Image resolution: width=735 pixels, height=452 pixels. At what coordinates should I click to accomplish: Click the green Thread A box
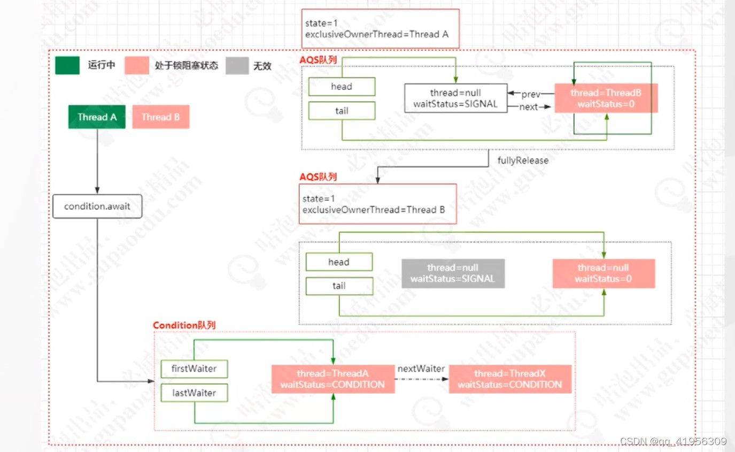97,117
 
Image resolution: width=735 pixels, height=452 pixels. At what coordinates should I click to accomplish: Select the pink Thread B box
161,117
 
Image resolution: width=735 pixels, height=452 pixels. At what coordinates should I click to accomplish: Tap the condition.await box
97,206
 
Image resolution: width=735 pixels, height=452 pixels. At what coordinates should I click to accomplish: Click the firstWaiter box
194,369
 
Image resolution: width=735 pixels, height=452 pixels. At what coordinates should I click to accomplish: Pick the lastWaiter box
194,393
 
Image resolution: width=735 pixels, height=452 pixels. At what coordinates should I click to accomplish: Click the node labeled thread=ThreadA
332,379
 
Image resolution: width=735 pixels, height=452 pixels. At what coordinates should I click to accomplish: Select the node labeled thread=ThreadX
510,379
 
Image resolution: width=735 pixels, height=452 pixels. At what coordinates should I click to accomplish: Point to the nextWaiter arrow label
421,369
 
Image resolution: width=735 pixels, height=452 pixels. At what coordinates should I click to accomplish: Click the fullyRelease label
523,160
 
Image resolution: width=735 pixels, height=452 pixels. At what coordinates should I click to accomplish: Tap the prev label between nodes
531,94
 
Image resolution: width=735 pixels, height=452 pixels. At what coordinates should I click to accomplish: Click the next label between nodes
528,107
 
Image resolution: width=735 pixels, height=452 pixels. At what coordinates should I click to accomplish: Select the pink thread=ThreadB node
606,98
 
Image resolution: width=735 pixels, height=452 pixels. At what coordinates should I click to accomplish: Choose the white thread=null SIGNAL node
455,98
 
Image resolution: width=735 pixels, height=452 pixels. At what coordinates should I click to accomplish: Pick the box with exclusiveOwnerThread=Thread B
377,204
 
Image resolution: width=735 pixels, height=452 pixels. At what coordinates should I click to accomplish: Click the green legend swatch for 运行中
67,66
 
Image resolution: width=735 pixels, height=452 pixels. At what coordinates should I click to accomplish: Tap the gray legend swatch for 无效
237,66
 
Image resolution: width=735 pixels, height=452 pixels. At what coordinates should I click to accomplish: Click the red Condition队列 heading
184,325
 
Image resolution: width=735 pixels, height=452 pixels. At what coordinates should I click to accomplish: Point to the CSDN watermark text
673,441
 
